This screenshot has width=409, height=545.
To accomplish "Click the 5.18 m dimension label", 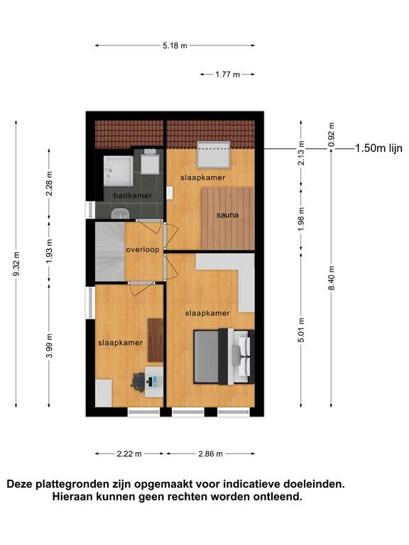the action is tap(175, 45).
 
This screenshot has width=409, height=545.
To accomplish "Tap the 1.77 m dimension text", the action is tap(227, 75).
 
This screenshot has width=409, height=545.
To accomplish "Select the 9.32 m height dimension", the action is tap(16, 263).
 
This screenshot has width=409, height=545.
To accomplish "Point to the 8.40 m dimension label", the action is tap(332, 277).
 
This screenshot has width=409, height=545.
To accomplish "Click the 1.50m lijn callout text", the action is tap(378, 148).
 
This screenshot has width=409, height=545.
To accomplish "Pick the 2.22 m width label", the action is tap(129, 453).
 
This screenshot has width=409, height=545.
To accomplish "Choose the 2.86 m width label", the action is tap(210, 453).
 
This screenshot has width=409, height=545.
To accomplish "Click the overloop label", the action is tap(143, 250).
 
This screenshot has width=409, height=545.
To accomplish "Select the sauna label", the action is tap(227, 215).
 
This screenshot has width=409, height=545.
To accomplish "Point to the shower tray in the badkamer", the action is tap(118, 171).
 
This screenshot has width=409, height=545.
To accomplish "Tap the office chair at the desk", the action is tap(138, 382).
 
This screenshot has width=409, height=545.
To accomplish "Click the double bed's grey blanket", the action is tap(206, 356).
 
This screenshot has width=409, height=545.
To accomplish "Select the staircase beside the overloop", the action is tap(110, 251).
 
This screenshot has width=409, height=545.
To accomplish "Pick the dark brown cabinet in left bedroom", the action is tap(156, 341).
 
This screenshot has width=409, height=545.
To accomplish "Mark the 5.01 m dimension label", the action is tap(301, 330).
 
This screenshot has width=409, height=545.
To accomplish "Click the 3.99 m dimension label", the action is tap(49, 346).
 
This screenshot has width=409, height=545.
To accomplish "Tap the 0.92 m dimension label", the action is tap(332, 134).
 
